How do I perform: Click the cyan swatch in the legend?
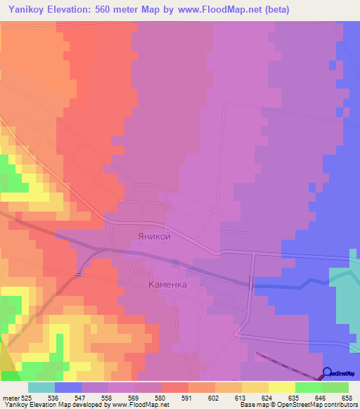pos(41,387)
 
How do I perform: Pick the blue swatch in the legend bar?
pos(68,387)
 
